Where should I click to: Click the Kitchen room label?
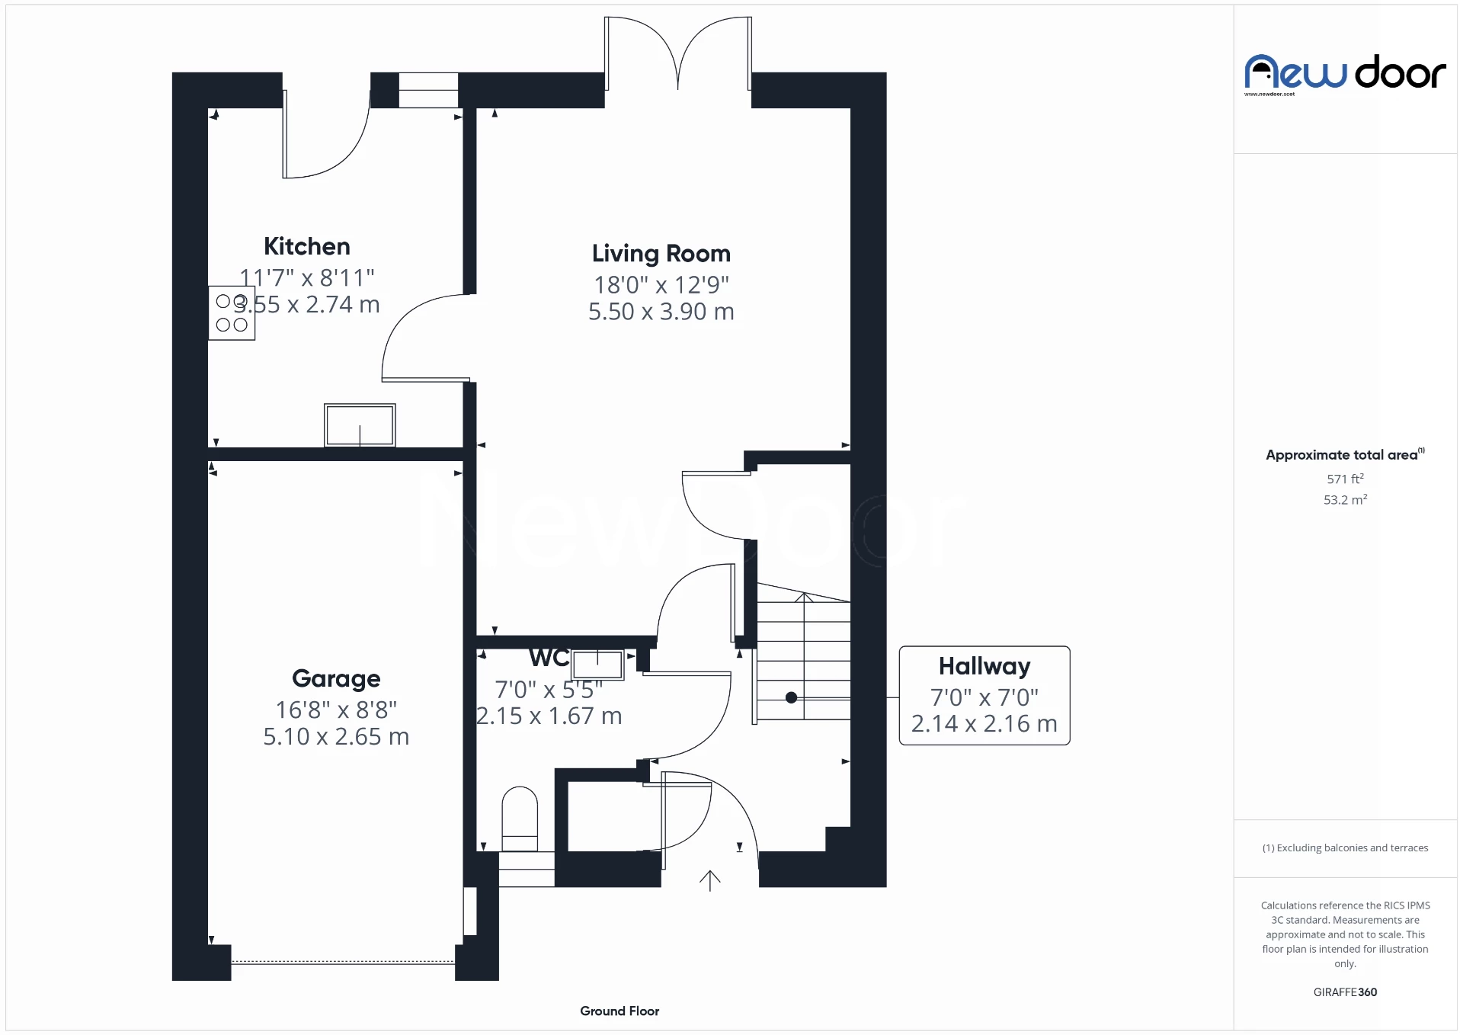click(306, 246)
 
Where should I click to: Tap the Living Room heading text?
click(661, 253)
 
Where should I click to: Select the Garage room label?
click(336, 678)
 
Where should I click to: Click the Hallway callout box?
click(984, 695)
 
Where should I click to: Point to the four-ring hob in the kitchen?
click(232, 313)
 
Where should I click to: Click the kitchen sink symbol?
click(360, 425)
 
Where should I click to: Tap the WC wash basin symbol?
click(597, 665)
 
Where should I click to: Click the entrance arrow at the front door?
click(709, 881)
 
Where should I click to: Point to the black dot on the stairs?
click(791, 697)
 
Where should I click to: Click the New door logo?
click(1345, 74)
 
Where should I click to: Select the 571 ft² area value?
click(1345, 479)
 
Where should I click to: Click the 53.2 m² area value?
click(1345, 500)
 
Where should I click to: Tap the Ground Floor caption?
click(619, 1011)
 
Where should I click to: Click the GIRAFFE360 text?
click(1345, 992)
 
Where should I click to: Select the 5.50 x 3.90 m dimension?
click(661, 312)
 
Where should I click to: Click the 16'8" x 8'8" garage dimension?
click(336, 710)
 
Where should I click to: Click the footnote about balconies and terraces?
click(1345, 848)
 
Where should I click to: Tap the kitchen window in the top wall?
click(428, 90)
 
